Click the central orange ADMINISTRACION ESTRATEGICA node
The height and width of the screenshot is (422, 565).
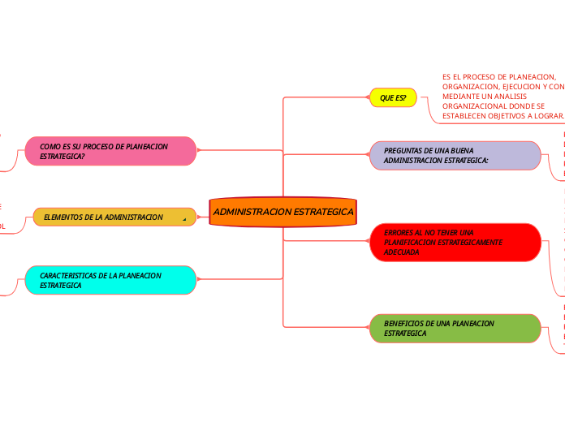point(282,212)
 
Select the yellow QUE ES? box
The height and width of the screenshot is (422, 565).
point(393,98)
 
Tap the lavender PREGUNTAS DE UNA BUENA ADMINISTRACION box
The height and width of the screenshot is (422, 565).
point(455,156)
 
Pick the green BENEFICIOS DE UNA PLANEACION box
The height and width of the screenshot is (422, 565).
point(455,329)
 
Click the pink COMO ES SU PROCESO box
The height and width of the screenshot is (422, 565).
point(110,151)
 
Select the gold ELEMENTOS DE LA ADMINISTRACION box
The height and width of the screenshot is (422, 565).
point(114,217)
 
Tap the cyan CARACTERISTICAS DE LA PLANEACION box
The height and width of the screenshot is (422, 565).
point(110,281)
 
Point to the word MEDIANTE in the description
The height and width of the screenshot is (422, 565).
point(460,97)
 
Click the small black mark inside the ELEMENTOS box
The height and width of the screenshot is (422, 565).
point(185,219)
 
